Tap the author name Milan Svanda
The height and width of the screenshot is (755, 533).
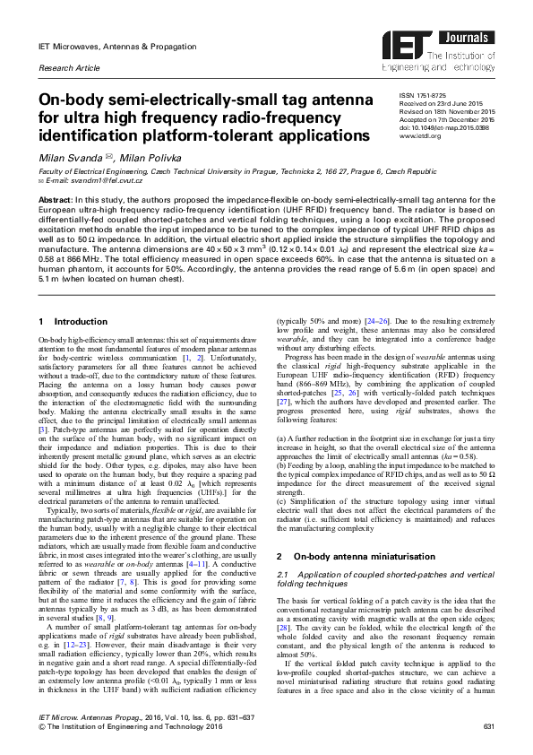(66, 158)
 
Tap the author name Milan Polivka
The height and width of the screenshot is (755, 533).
(142, 158)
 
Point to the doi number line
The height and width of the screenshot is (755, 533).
(444, 127)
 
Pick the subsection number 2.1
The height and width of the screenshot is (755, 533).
(283, 547)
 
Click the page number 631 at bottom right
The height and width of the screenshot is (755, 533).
(488, 725)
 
